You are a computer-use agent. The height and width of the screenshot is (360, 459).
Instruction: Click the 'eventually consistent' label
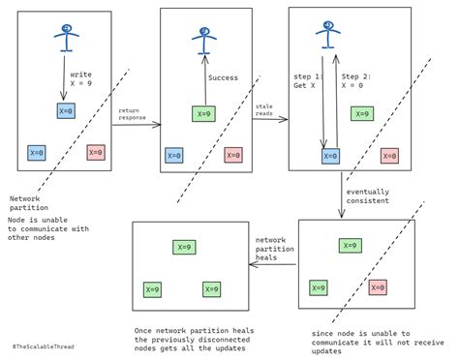368,196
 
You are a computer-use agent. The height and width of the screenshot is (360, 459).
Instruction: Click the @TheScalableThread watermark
46,345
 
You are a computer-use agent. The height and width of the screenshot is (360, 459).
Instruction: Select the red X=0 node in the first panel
96,152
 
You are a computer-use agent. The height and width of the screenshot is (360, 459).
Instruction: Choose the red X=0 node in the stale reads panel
389,154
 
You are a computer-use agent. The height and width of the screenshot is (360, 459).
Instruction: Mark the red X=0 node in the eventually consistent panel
377,286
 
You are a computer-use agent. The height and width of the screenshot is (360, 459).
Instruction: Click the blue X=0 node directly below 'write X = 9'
65,110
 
